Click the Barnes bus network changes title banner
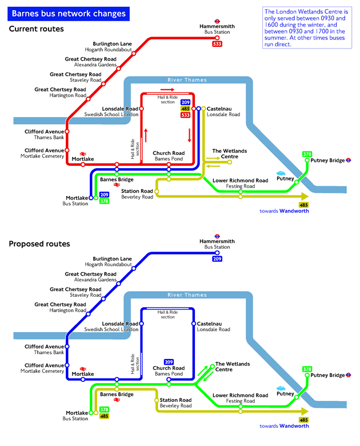pos(69,13)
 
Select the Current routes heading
pos(36,29)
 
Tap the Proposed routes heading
pos(39,244)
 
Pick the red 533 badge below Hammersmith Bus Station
pos(217,44)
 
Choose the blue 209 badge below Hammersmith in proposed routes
pos(217,259)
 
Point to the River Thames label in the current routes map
pos(187,80)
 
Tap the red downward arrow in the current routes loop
pos(189,136)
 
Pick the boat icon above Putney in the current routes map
pos(281,173)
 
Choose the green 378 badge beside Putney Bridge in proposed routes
pos(307,369)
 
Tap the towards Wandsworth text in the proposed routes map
pos(284,426)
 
